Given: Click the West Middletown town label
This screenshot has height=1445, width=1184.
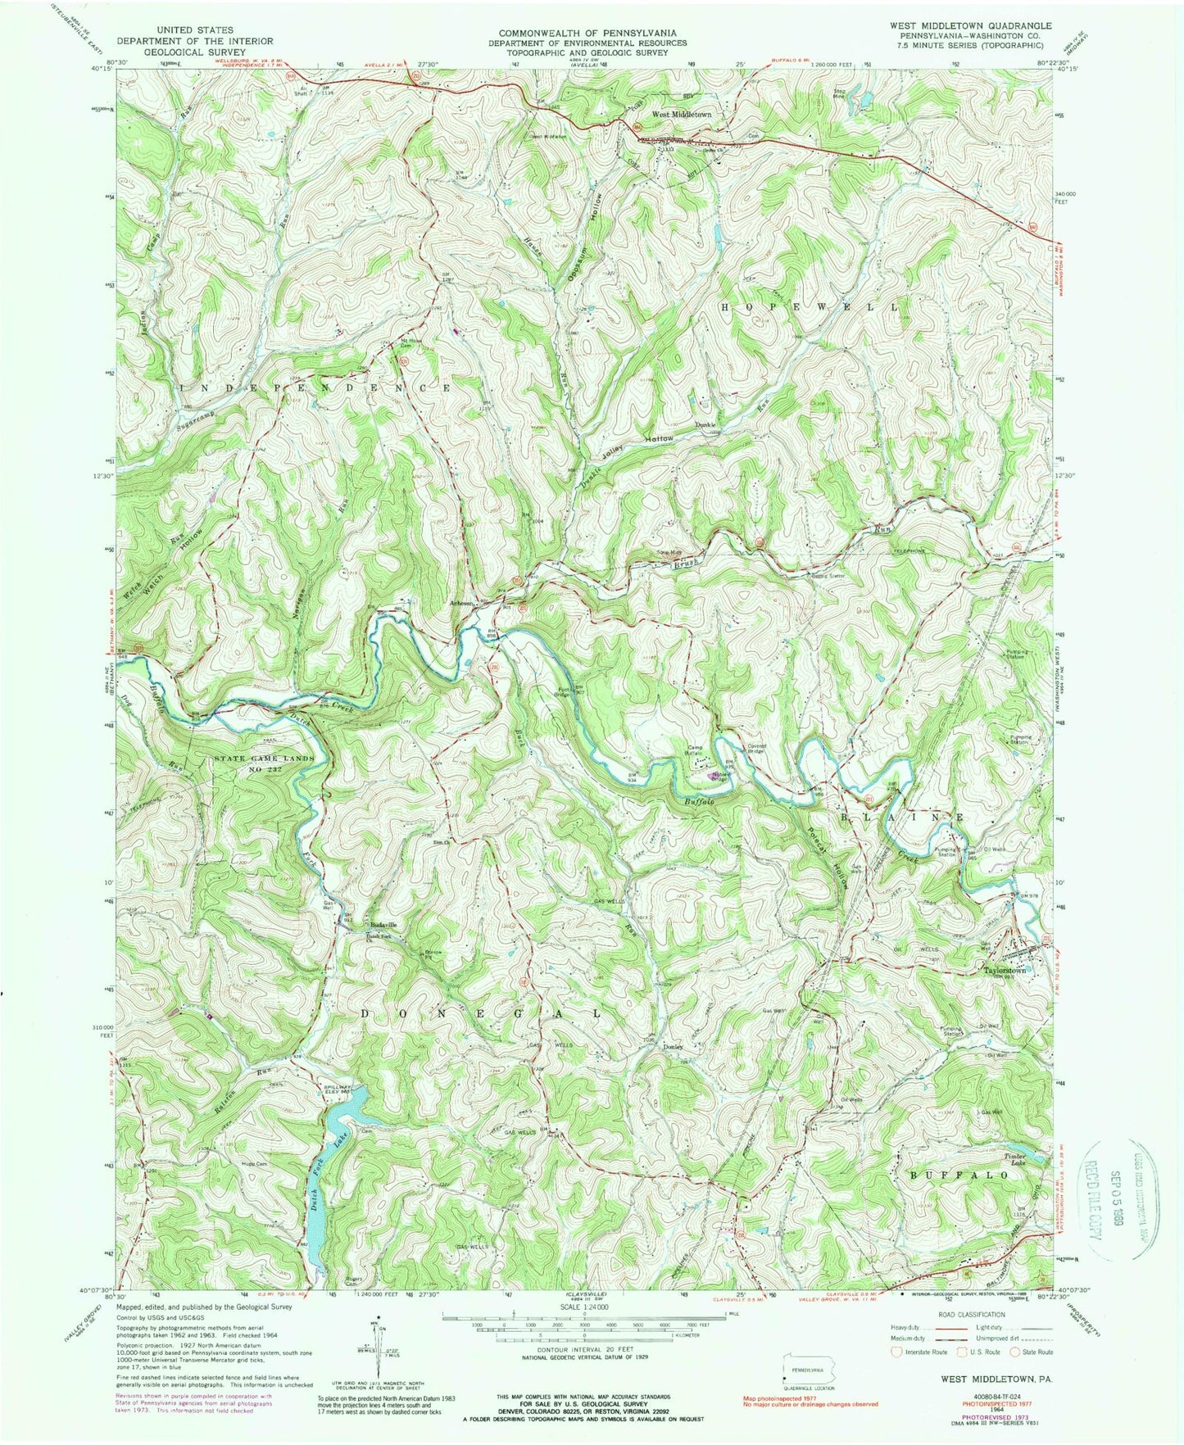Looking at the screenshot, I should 681,116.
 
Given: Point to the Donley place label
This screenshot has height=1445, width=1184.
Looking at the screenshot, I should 672,1047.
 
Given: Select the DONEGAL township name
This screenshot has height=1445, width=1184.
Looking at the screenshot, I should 482,1013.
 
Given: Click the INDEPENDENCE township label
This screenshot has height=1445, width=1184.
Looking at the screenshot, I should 310,387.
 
